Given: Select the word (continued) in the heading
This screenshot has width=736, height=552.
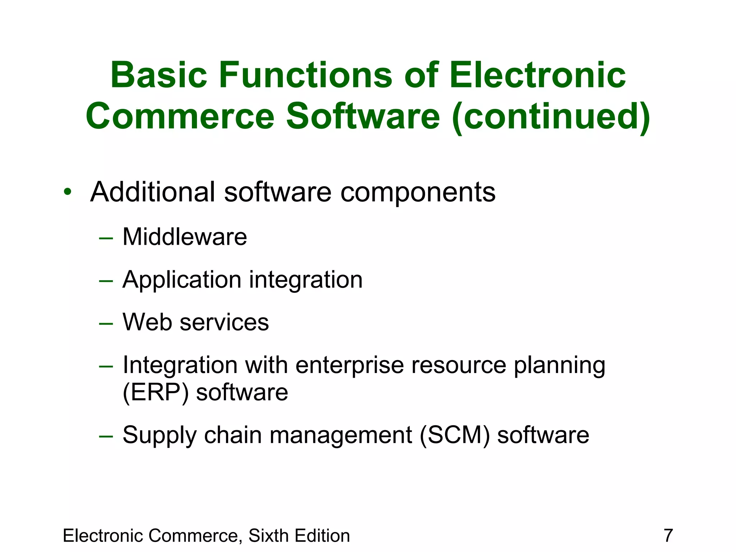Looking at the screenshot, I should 551,116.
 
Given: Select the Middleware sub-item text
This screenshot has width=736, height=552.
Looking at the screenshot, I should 185,237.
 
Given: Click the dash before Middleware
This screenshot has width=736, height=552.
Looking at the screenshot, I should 106,238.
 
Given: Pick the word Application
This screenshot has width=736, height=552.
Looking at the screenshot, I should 182,280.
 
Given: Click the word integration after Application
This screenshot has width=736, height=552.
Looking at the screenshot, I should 306,280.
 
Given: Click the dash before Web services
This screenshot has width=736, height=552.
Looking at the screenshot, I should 106,323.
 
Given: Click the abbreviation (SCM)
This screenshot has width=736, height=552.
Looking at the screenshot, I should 455,435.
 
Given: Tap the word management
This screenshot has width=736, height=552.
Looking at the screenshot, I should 340,436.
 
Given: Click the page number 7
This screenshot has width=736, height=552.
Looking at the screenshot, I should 668,535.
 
